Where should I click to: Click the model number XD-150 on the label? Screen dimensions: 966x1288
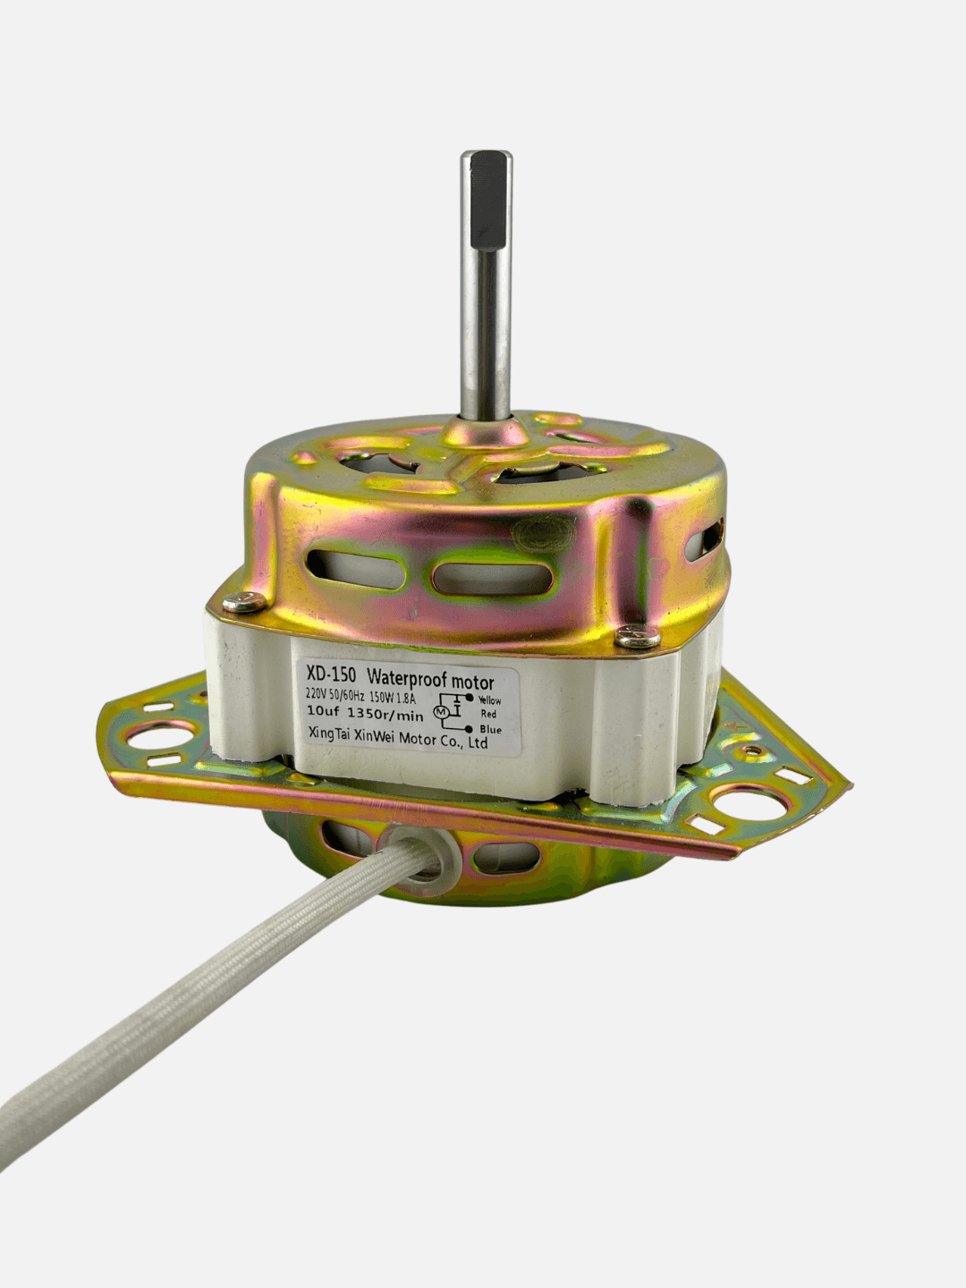[x=330, y=675]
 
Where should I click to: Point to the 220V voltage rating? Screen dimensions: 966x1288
[x=316, y=694]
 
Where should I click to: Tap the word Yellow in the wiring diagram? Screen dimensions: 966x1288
[x=490, y=700]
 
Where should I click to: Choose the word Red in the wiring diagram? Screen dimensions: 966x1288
[x=488, y=714]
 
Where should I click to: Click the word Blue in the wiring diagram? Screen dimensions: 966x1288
[x=491, y=730]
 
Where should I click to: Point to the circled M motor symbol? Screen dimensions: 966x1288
[x=440, y=712]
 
